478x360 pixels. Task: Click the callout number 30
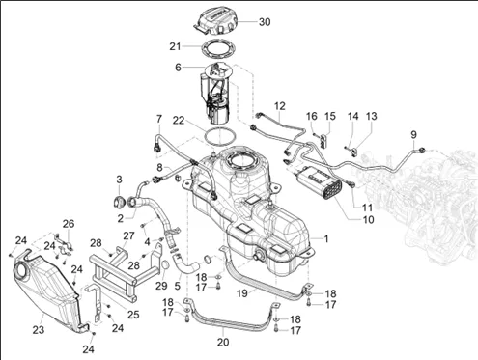[x=265, y=22]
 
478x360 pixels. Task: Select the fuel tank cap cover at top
[x=216, y=21]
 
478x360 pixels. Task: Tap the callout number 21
[x=175, y=46]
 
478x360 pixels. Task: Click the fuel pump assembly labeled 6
[x=215, y=93]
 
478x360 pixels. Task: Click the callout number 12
[x=280, y=106]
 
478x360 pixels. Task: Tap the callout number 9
[x=413, y=134]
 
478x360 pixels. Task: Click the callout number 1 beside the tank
[x=326, y=238]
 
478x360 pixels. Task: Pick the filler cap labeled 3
[x=119, y=203]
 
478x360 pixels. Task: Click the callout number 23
[x=38, y=329]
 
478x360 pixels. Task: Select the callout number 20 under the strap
[x=223, y=342]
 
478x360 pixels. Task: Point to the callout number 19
[x=242, y=293]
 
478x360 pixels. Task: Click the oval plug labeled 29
[x=164, y=264]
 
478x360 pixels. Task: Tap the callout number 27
[x=128, y=235]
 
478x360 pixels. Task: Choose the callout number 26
[x=69, y=223]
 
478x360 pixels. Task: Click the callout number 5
[x=178, y=285]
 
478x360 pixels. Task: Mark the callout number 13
[x=372, y=116]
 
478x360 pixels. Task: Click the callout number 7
[x=159, y=119]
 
